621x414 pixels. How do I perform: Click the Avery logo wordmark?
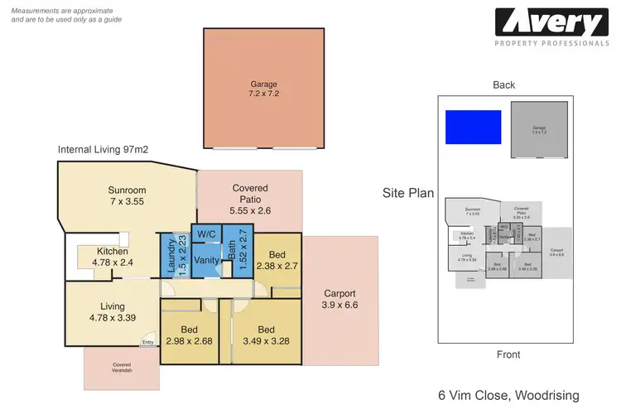tap(550, 22)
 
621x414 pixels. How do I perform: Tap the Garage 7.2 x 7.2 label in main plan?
tap(264, 89)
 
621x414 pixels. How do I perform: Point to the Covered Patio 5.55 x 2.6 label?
tap(249, 200)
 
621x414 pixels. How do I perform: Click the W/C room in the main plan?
tap(205, 234)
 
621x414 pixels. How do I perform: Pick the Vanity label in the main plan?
tap(205, 260)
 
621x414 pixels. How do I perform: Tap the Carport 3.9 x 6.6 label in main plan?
tap(339, 299)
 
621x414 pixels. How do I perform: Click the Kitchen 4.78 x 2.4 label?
tap(111, 256)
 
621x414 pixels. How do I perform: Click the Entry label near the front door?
tap(147, 342)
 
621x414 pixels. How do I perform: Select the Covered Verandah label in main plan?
tap(122, 368)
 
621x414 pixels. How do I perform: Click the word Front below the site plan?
tap(508, 354)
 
